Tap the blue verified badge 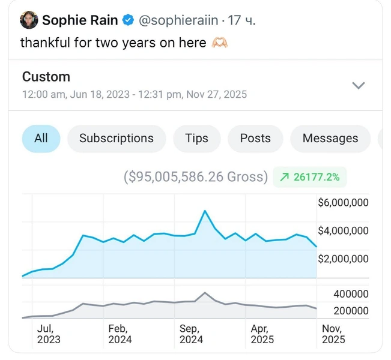click(128, 21)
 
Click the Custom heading click(46, 77)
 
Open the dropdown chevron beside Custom click(358, 85)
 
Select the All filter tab click(41, 139)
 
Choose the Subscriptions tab click(117, 139)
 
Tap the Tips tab click(196, 139)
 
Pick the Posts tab click(255, 139)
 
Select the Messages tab click(330, 139)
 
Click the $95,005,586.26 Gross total click(196, 177)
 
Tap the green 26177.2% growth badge click(310, 177)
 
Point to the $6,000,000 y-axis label click(343, 203)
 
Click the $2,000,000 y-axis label click(343, 259)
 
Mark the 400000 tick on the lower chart click(351, 294)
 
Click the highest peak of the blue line click(205, 211)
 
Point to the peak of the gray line click(205, 293)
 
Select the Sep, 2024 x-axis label click(191, 334)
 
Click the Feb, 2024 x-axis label click(120, 334)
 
